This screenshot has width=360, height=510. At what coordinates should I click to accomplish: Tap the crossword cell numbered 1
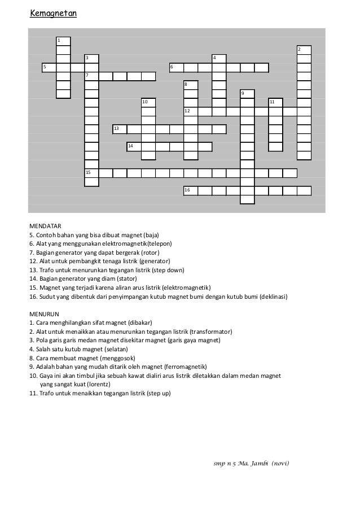click(x=63, y=41)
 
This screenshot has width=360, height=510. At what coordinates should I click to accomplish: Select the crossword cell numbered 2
click(x=304, y=50)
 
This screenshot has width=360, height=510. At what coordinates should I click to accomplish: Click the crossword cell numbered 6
click(x=177, y=68)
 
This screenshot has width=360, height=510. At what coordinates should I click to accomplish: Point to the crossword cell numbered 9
click(x=247, y=94)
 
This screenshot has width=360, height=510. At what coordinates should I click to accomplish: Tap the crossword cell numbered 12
click(x=191, y=111)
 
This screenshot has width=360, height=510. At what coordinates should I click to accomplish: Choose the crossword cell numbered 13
click(x=120, y=129)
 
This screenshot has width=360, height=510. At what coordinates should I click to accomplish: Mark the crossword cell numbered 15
click(x=91, y=173)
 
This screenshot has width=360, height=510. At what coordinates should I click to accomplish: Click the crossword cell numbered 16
click(x=191, y=191)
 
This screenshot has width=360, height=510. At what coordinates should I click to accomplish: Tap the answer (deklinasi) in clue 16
click(x=274, y=296)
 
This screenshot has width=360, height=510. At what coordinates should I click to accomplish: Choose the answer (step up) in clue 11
click(x=157, y=393)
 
